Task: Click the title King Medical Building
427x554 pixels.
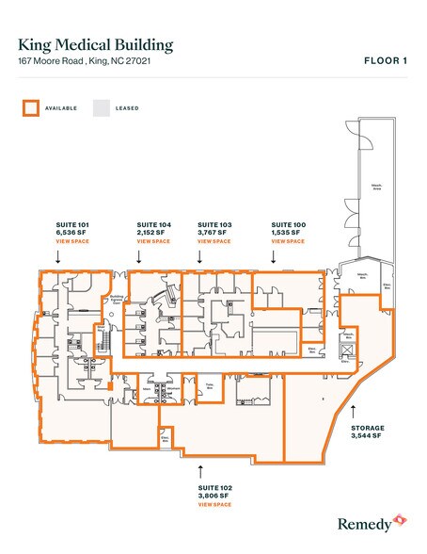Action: point(96,44)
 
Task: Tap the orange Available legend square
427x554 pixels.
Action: point(30,107)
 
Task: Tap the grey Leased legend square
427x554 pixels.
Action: point(100,107)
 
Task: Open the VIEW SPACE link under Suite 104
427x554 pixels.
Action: point(153,241)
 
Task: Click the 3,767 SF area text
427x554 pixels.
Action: point(213,233)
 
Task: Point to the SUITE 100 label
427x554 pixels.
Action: point(288,225)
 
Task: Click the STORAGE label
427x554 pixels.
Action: point(368,429)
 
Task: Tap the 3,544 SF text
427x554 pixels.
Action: point(367,436)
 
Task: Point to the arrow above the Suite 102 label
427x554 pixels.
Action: point(200,465)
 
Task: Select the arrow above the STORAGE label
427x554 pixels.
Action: point(352,410)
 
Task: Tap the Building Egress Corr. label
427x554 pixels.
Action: point(118,301)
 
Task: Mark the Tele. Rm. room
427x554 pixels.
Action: point(212,386)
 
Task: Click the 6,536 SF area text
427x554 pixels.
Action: point(71,233)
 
